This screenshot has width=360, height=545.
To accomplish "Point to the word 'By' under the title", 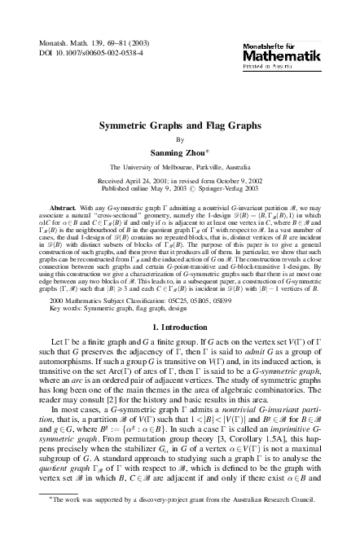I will point(181,140).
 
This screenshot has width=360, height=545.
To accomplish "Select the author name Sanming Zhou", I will point(180,152).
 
